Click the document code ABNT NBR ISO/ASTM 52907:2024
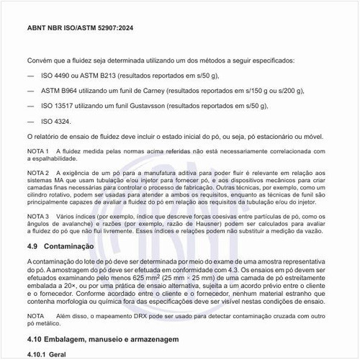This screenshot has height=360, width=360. click(78, 28)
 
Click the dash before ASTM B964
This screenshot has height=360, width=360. click(30, 91)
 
